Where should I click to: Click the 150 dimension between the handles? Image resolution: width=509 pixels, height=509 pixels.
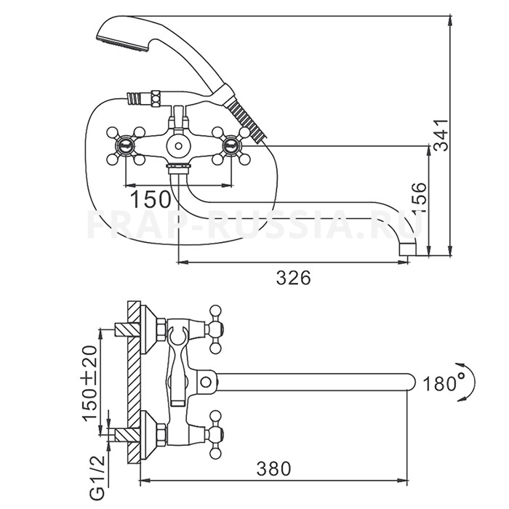click(x=151, y=197)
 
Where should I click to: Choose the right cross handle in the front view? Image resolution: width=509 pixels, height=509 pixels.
click(x=232, y=145)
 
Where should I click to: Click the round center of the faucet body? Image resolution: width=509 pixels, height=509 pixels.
click(x=177, y=146)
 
